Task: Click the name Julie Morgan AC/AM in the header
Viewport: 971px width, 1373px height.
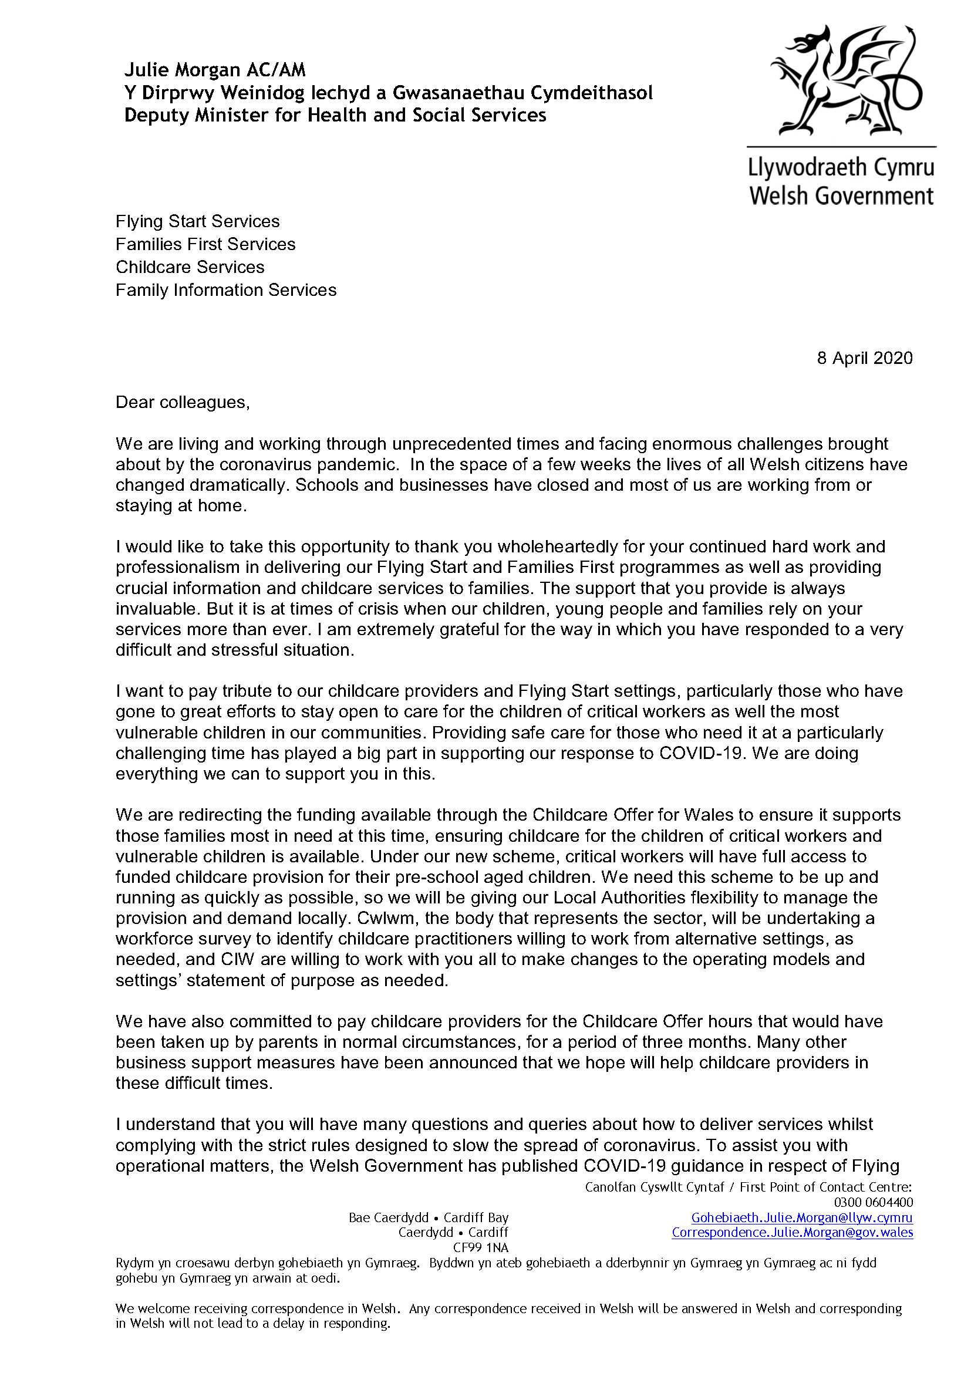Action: (x=215, y=70)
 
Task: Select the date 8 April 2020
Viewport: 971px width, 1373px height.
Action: (x=864, y=358)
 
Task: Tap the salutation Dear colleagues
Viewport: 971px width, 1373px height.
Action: (x=183, y=403)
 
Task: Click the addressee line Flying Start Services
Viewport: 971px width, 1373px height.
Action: (x=197, y=221)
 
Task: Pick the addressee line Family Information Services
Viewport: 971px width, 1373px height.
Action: (x=226, y=290)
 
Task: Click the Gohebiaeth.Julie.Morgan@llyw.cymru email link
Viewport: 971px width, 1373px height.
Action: (x=801, y=1217)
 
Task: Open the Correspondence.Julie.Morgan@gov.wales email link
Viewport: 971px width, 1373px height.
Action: (x=791, y=1233)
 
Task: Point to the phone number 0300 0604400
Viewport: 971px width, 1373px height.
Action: (x=873, y=1203)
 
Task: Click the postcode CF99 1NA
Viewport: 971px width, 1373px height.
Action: (x=480, y=1247)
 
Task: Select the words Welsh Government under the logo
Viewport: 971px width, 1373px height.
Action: (x=841, y=196)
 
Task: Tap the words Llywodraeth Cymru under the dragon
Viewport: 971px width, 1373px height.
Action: (x=841, y=167)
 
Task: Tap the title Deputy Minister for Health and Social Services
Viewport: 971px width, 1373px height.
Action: (x=335, y=115)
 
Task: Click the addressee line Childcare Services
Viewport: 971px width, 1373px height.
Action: (x=190, y=267)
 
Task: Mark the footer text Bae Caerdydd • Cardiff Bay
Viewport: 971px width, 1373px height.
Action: (x=428, y=1217)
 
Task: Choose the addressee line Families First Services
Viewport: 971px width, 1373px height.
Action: (x=205, y=244)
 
